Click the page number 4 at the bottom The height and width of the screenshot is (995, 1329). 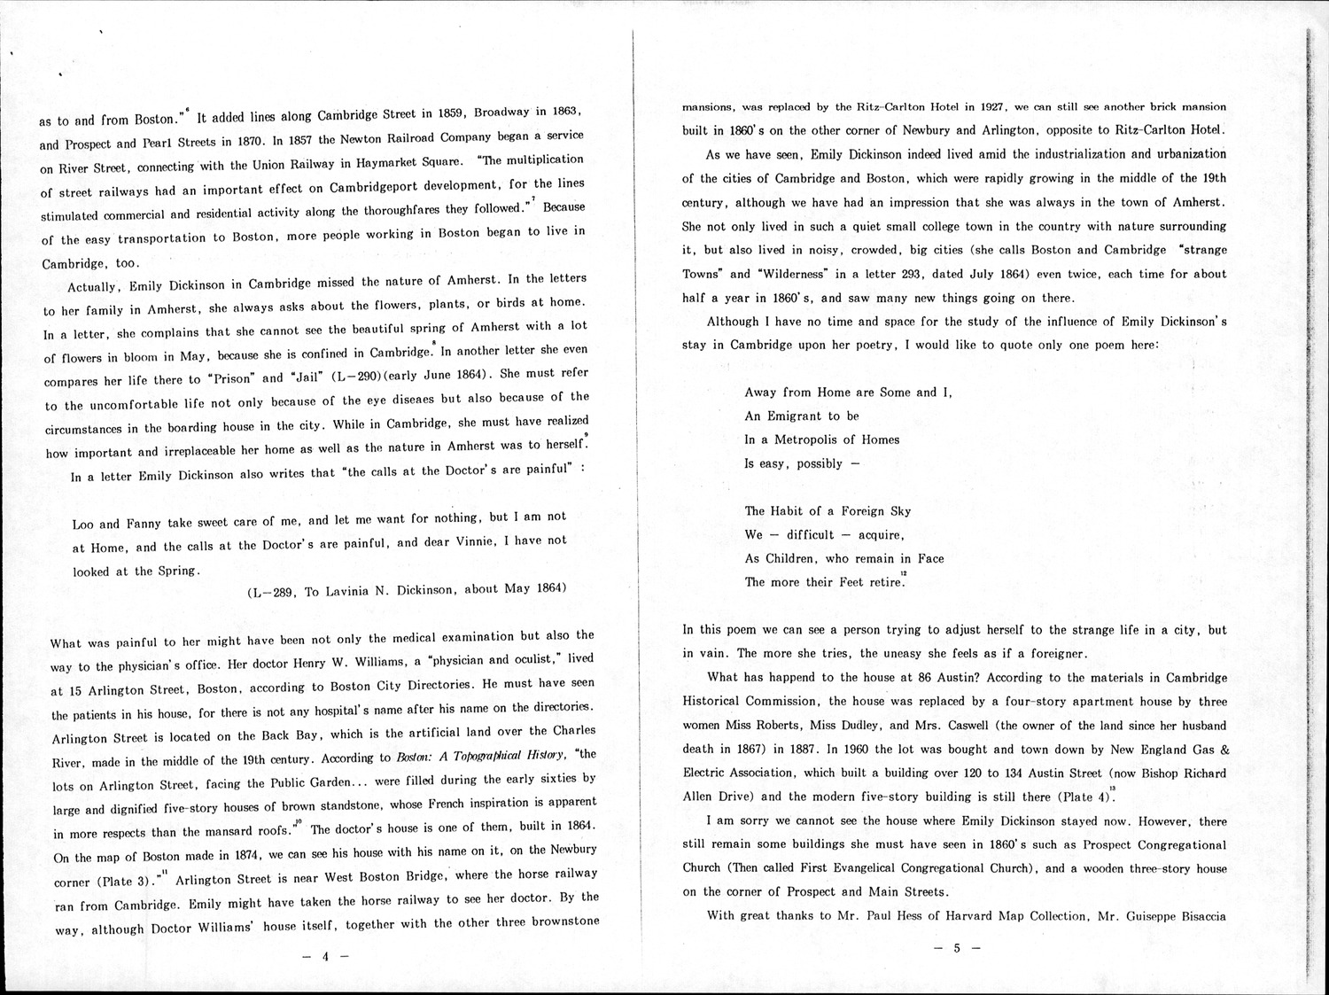(x=325, y=956)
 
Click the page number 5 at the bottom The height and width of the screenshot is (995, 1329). (x=956, y=948)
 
